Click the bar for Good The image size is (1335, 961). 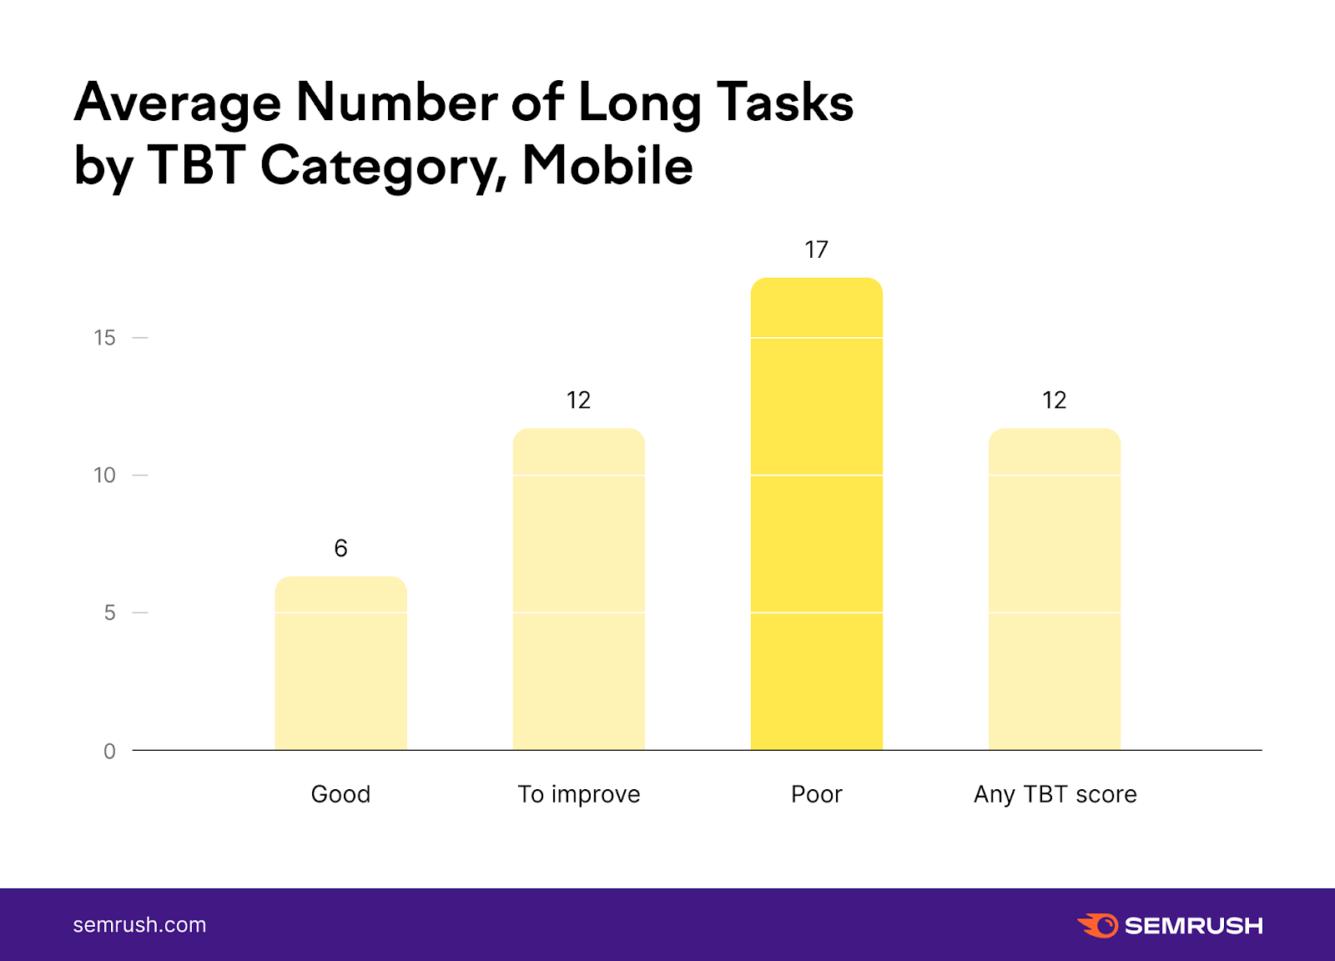[x=340, y=663]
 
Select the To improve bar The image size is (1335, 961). [x=578, y=589]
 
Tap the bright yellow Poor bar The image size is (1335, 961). [x=816, y=514]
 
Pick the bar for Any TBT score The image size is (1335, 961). [x=1054, y=589]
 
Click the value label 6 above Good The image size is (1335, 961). [x=340, y=548]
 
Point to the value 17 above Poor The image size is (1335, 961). [x=816, y=249]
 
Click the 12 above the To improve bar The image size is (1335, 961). [x=578, y=400]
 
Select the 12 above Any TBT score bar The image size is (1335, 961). [x=1054, y=400]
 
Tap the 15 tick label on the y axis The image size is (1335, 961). [x=104, y=338]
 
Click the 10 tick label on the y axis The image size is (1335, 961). [x=104, y=475]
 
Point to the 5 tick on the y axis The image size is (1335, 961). [x=109, y=613]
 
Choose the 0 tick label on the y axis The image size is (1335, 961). [x=109, y=751]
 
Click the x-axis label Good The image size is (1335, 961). [x=340, y=794]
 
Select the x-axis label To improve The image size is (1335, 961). [x=578, y=794]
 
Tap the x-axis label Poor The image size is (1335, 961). [x=816, y=794]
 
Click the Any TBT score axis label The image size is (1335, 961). [x=1055, y=794]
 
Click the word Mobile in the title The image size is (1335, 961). [x=607, y=165]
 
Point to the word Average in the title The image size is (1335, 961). [x=178, y=103]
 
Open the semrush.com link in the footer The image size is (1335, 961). [x=139, y=925]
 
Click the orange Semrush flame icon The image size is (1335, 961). [x=1098, y=925]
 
